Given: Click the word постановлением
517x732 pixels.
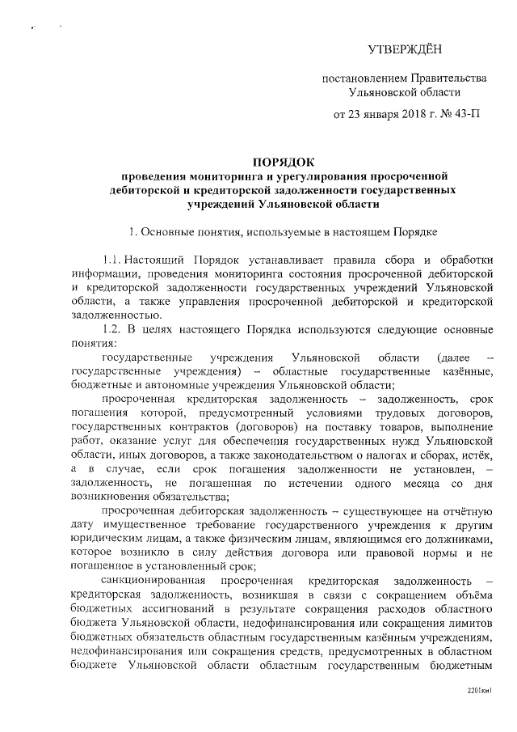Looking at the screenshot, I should click(x=361, y=78).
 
